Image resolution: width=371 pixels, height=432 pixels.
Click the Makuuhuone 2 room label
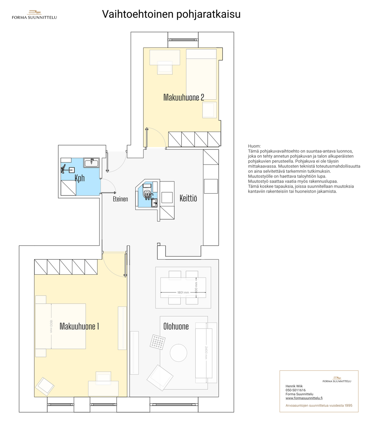[x=184, y=98]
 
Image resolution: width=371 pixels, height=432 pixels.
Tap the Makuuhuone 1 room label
[x=79, y=326]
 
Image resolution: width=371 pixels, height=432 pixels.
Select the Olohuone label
[x=176, y=326]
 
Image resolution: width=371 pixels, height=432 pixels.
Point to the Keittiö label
[x=188, y=198]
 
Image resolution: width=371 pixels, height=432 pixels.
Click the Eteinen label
[x=120, y=199]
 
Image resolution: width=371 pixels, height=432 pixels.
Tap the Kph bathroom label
[x=80, y=178]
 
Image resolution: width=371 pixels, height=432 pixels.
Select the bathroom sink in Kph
[x=91, y=163]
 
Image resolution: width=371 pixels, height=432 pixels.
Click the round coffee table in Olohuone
[x=178, y=353]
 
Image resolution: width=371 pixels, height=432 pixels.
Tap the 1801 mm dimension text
[x=183, y=292]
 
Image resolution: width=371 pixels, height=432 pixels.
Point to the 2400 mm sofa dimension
[x=206, y=353]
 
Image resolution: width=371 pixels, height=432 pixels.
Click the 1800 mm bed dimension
[x=51, y=326]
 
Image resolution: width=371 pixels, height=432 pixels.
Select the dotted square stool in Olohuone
[x=158, y=342]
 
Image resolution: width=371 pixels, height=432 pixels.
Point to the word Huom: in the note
[x=254, y=146]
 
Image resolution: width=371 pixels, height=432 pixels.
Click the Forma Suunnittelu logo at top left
[x=34, y=15]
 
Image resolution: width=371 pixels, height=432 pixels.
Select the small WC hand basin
[x=154, y=203]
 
